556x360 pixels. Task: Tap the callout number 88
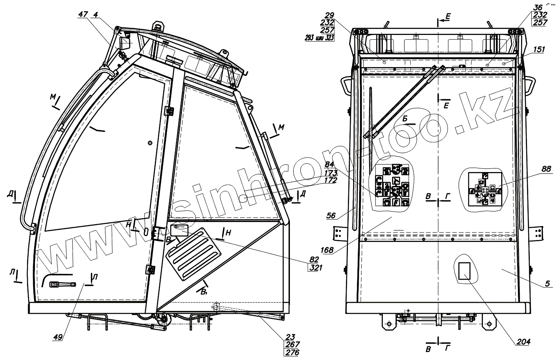546,169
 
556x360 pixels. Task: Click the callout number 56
331,216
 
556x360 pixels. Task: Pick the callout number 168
327,250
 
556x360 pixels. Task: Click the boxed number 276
293,352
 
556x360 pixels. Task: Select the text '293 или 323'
319,38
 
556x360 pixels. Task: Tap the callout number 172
330,180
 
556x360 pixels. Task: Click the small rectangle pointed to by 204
463,271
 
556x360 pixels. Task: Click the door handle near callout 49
62,284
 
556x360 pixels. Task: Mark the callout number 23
295,337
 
